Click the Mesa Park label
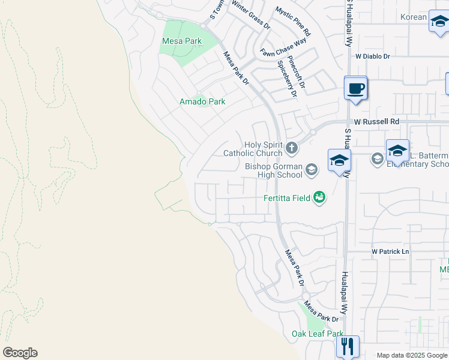click(x=182, y=41)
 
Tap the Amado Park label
click(x=202, y=102)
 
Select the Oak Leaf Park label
click(x=318, y=334)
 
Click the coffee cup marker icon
click(x=356, y=88)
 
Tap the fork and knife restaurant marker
click(x=348, y=346)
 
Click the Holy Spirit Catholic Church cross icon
click(x=291, y=147)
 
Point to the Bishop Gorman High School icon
click(x=311, y=170)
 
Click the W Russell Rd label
click(x=376, y=122)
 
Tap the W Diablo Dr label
click(x=372, y=56)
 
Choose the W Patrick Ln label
click(x=390, y=251)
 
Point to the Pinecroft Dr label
click(x=297, y=71)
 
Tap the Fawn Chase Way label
click(x=283, y=47)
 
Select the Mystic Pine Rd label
click(x=293, y=21)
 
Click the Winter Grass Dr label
click(x=251, y=15)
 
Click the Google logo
click(x=20, y=353)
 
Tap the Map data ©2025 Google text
click(x=411, y=355)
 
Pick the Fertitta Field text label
click(x=287, y=199)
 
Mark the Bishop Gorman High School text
click(x=274, y=170)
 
